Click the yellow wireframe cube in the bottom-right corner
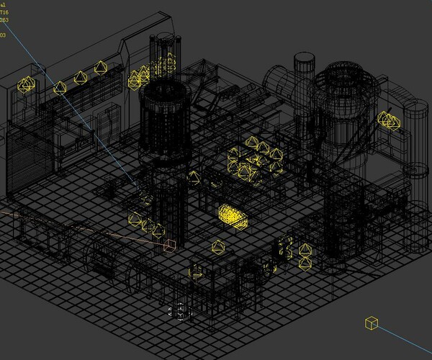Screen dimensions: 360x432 pos(372,323)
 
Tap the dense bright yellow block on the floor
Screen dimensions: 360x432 pos(232,215)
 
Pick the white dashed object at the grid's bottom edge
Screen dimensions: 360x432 pos(177,312)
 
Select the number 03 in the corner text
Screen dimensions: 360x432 pos(3,35)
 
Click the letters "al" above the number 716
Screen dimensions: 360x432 pos(3,4)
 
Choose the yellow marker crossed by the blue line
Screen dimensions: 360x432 pos(60,88)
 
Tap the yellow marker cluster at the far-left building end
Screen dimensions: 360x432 pos(27,85)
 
